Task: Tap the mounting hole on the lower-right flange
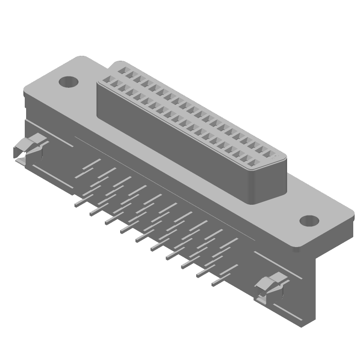click(x=309, y=221)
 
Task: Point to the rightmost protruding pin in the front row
click(x=215, y=284)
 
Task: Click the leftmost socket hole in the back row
click(x=122, y=70)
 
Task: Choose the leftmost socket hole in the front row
click(x=107, y=80)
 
